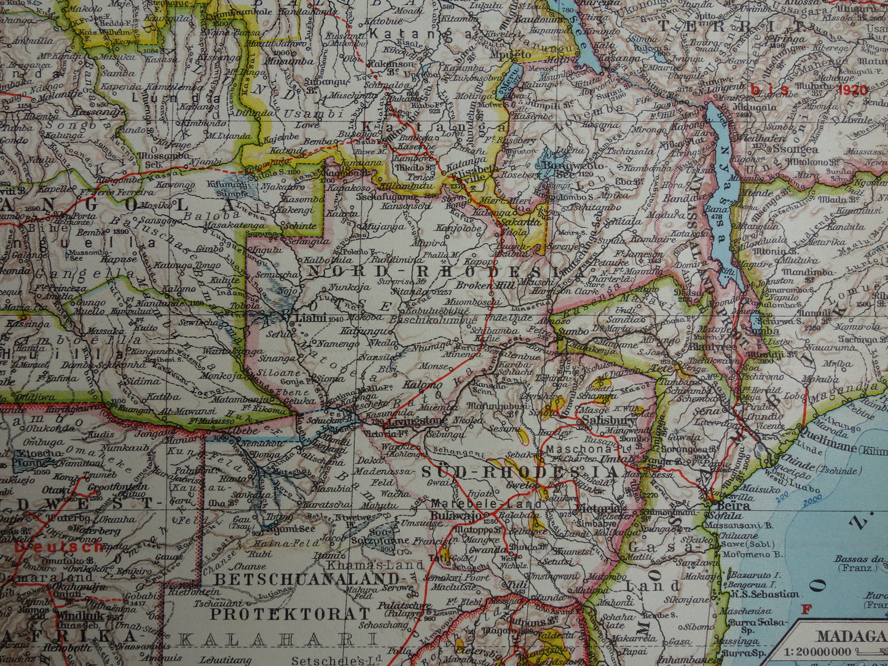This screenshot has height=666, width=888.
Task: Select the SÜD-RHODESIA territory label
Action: point(519,472)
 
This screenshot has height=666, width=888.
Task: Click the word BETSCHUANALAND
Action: point(307,579)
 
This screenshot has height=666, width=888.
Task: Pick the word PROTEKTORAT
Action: point(290,613)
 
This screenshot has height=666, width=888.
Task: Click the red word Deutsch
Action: point(59,546)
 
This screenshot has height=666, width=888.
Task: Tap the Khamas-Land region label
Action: point(375,565)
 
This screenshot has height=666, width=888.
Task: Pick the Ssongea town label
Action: point(796,149)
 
